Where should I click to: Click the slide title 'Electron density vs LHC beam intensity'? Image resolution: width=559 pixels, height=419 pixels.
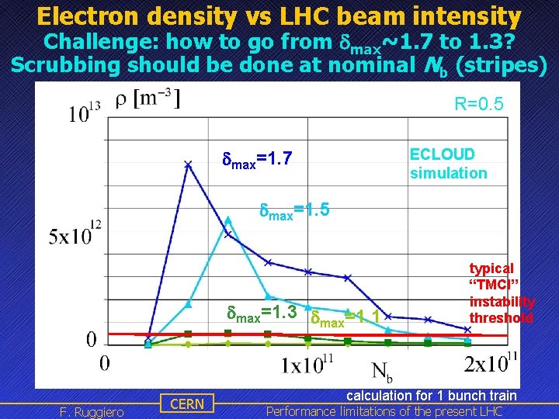(279, 15)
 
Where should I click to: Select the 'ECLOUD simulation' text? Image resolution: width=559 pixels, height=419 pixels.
(448, 164)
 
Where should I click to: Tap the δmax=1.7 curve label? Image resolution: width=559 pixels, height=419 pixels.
(257, 160)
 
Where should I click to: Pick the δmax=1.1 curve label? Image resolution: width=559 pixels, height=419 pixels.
(345, 317)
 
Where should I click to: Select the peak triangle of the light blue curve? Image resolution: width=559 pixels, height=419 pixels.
(227, 220)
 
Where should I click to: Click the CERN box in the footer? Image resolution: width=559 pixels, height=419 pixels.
(187, 403)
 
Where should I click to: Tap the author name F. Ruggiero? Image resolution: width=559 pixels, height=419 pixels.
(91, 411)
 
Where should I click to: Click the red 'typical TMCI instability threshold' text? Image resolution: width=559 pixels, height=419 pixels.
(502, 293)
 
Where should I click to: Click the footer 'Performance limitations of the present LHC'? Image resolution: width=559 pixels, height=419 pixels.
(384, 411)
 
